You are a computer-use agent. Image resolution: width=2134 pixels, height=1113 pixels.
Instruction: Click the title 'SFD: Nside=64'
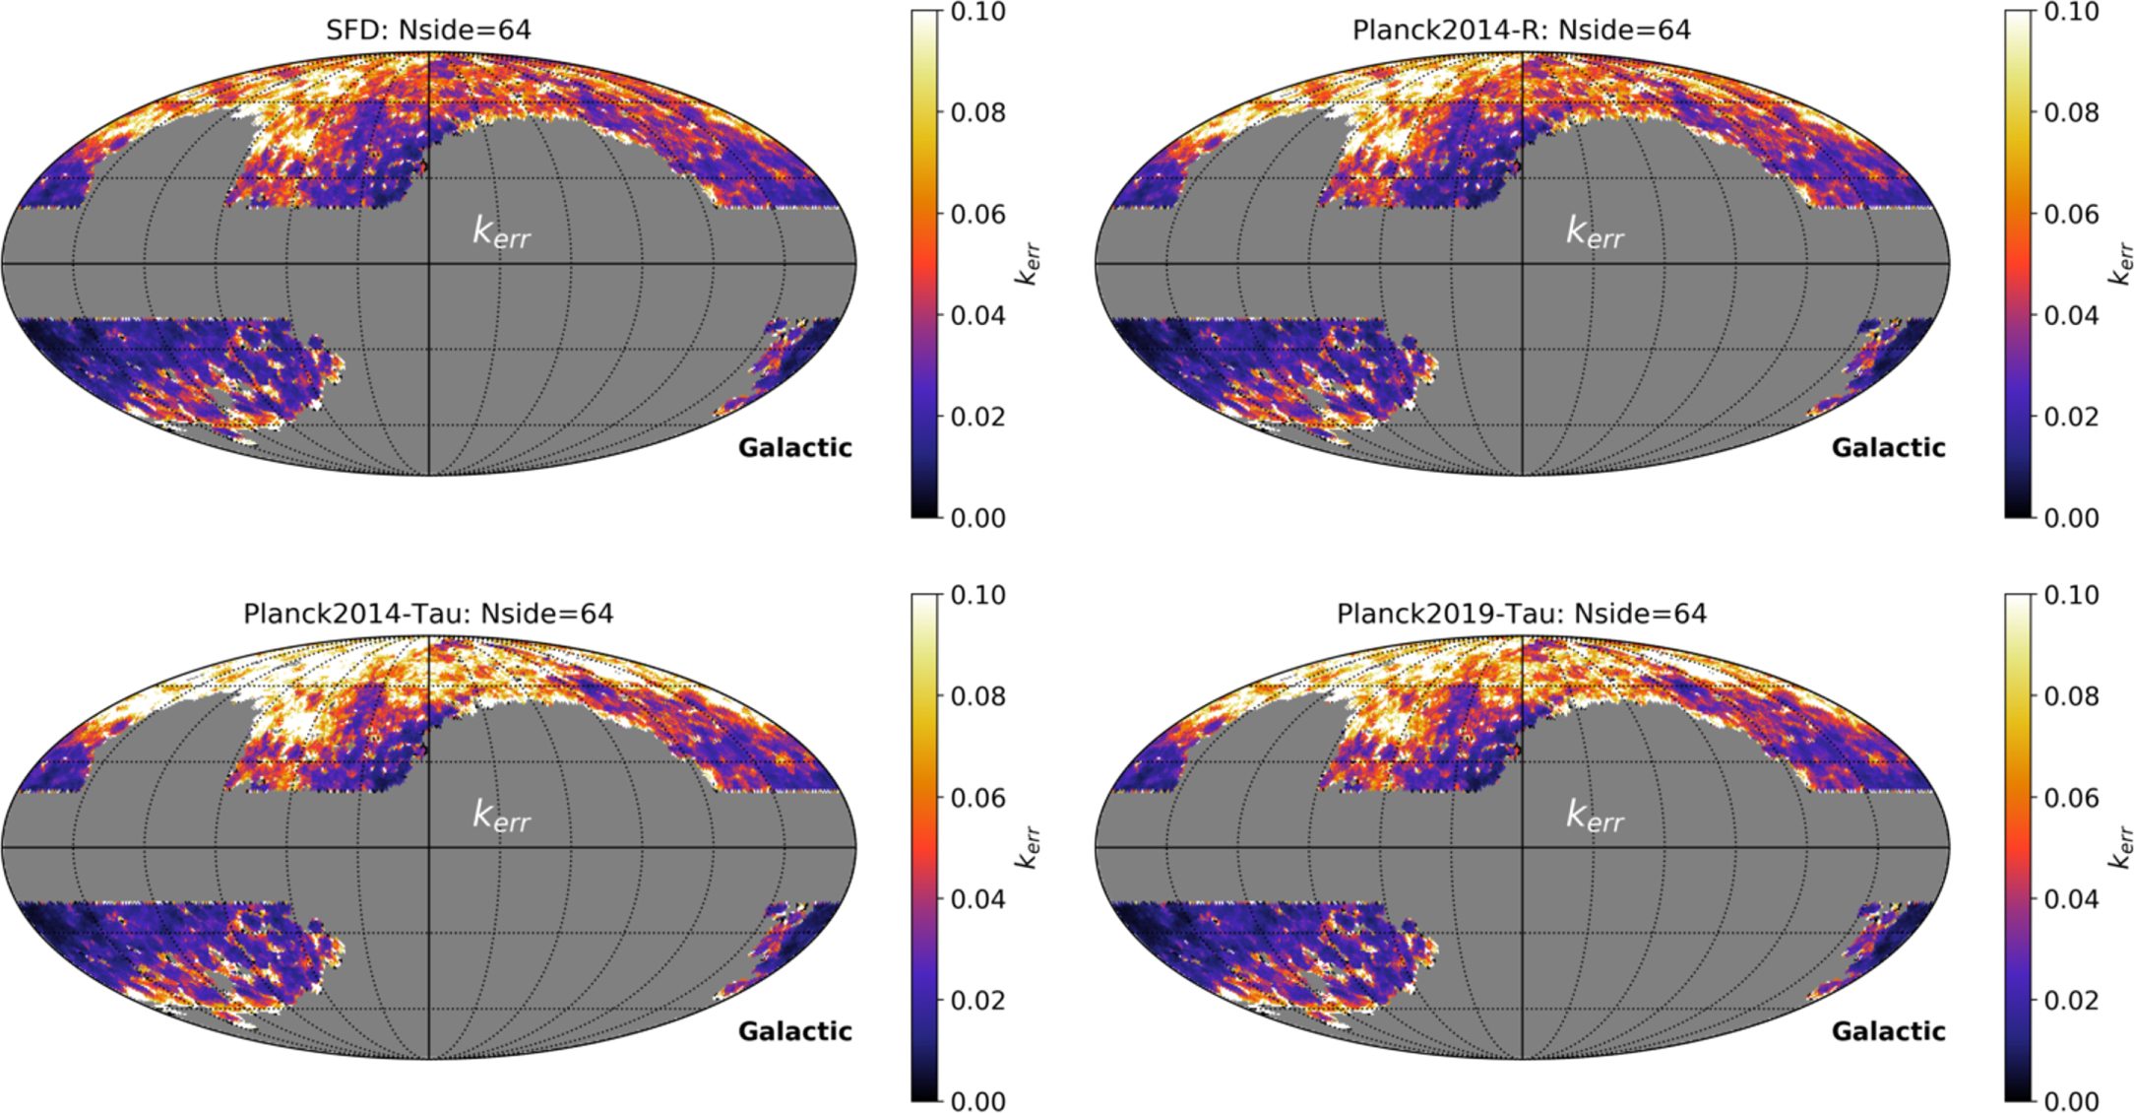428,30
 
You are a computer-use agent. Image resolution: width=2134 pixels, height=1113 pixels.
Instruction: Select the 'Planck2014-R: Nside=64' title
1521,30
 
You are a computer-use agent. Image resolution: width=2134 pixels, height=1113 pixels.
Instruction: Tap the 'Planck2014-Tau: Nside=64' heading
428,614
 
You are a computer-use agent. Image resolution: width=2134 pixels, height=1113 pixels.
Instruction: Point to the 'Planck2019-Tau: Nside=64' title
1521,614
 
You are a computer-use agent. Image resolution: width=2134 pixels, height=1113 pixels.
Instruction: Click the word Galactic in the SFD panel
794,448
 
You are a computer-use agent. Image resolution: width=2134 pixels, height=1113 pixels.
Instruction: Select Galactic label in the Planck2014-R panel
1888,448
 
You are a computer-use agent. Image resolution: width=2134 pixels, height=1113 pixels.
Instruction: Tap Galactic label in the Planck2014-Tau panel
794,1031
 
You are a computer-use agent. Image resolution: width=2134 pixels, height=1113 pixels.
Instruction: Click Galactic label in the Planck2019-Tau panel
1888,1031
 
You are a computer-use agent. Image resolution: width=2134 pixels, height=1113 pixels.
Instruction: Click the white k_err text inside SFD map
502,232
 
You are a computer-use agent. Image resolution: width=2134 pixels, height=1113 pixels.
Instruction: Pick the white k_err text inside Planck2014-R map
1595,232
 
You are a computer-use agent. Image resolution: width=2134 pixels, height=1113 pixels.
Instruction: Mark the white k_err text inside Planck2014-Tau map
502,817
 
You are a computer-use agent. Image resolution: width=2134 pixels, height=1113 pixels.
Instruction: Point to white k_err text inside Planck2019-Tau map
1595,817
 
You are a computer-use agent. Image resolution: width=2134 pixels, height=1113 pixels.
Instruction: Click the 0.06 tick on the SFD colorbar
977,214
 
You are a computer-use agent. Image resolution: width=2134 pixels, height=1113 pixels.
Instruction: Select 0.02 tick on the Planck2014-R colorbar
2071,417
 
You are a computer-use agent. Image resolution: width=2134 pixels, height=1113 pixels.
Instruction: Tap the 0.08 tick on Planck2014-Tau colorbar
977,696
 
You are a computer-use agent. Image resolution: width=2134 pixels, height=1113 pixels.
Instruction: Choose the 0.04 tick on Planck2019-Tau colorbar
2071,899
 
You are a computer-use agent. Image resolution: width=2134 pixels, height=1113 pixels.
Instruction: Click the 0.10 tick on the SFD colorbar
977,12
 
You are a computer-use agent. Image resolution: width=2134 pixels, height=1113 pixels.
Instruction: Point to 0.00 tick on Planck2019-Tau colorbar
2071,1100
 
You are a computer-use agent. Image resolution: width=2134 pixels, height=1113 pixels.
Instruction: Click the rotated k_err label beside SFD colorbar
1028,264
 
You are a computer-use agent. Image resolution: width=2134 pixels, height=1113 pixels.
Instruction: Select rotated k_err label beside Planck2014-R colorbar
2121,264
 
